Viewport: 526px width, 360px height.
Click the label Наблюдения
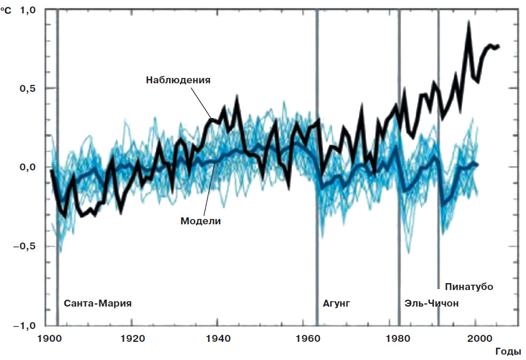178,80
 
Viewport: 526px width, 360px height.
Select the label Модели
201,220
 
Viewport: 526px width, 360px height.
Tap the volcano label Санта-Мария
98,303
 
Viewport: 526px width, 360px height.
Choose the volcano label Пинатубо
468,287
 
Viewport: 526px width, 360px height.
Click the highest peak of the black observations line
468,22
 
